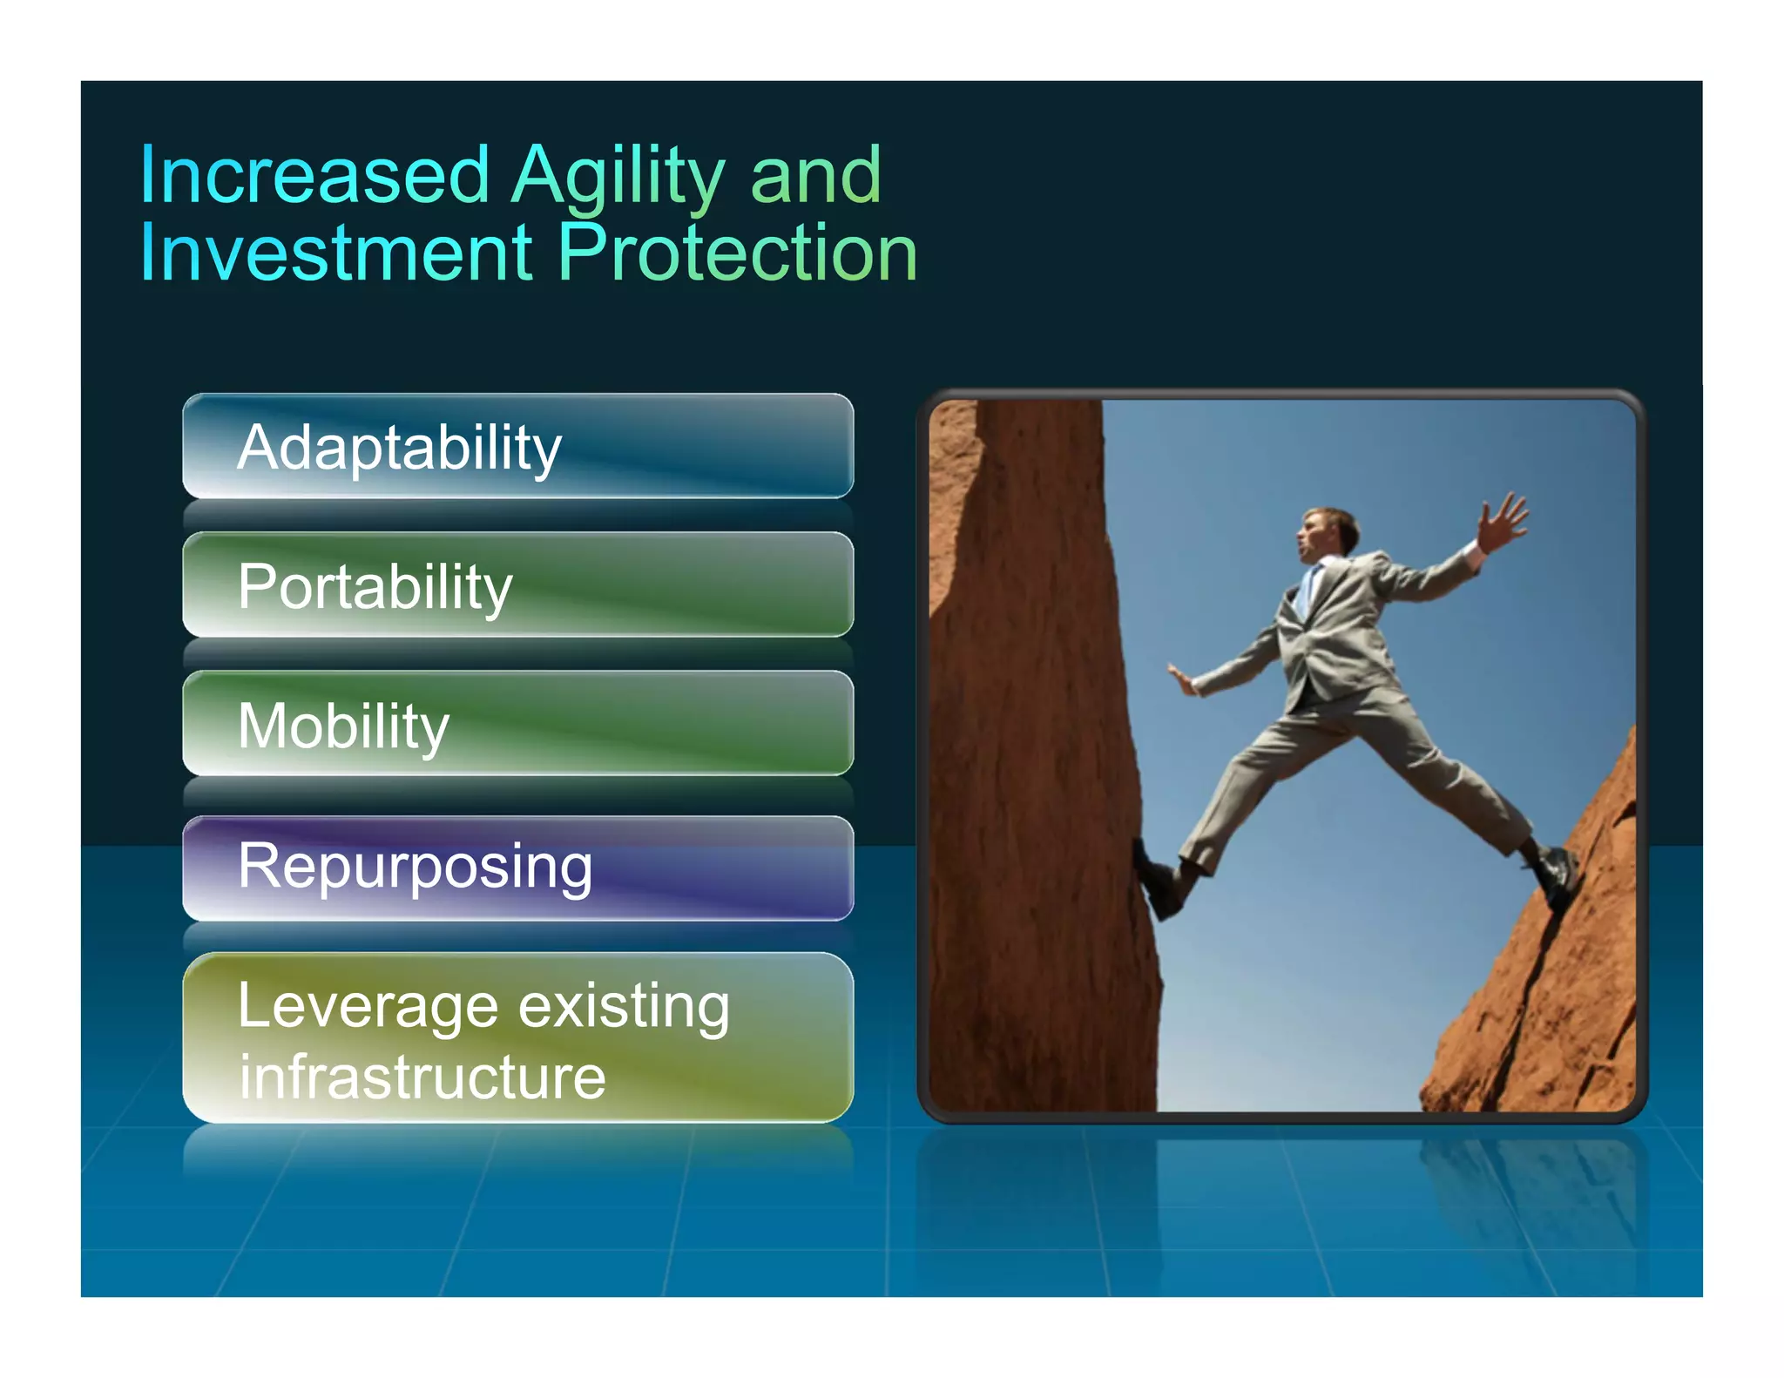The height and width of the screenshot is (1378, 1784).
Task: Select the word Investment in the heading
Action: [x=335, y=253]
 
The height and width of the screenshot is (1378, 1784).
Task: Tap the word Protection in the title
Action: [x=737, y=253]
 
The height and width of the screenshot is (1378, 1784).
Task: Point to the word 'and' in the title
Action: [x=815, y=177]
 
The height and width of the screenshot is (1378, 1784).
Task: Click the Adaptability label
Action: [x=399, y=449]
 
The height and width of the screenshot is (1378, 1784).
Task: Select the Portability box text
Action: [x=375, y=587]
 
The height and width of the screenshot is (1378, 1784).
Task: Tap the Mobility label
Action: [x=343, y=726]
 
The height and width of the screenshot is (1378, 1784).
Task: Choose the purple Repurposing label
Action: [x=415, y=867]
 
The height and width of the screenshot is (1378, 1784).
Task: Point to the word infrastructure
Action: [x=422, y=1078]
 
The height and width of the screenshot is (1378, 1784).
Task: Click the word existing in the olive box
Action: [x=624, y=1006]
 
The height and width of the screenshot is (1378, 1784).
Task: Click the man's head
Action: [x=1324, y=533]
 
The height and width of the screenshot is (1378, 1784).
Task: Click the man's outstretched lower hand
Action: [x=1182, y=679]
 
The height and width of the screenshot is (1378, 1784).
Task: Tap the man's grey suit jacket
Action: [x=1337, y=636]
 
